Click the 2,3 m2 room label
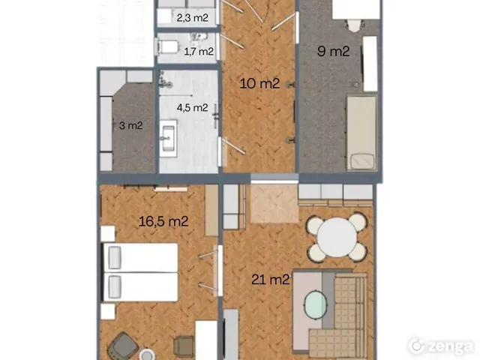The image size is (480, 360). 193,17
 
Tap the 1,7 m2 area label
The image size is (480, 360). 199,52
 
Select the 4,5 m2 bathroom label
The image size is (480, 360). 192,107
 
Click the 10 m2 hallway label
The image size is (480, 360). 259,83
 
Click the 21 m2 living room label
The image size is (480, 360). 270,280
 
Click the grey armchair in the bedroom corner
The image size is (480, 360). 120,346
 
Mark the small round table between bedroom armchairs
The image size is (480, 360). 150,352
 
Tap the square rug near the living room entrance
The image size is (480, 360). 274,202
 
